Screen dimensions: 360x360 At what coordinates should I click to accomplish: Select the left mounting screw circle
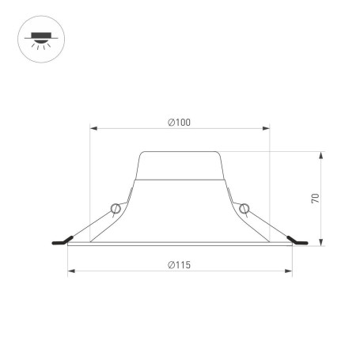pyautogui.click(x=116, y=209)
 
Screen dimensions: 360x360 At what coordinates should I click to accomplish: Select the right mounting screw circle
pyautogui.click(x=244, y=209)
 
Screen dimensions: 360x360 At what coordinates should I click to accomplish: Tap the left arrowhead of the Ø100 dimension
pyautogui.click(x=92, y=127)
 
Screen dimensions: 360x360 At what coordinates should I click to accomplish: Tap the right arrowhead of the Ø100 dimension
pyautogui.click(x=267, y=127)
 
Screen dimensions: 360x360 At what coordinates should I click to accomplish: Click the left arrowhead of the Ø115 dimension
pyautogui.click(x=70, y=271)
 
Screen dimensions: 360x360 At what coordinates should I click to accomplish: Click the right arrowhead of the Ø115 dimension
pyautogui.click(x=290, y=271)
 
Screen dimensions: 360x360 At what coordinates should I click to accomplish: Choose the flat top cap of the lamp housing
pyautogui.click(x=180, y=152)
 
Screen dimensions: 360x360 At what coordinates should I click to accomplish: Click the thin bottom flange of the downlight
pyautogui.click(x=180, y=245)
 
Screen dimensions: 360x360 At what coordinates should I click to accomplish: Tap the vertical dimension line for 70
pyautogui.click(x=321, y=198)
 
